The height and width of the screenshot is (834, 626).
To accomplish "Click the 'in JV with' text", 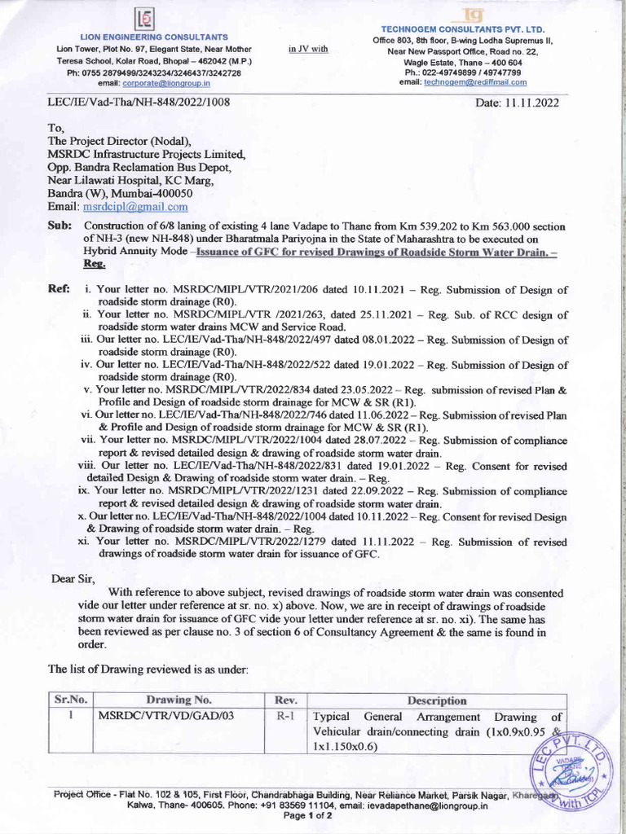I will pyautogui.click(x=308, y=50).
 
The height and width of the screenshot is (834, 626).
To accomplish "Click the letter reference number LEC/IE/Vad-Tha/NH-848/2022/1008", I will pyautogui.click(x=140, y=103).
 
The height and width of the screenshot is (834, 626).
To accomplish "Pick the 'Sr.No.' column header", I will pyautogui.click(x=70, y=700).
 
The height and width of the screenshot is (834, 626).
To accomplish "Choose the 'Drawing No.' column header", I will pyautogui.click(x=179, y=700).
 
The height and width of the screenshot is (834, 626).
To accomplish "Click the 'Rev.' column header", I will pyautogui.click(x=286, y=700).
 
